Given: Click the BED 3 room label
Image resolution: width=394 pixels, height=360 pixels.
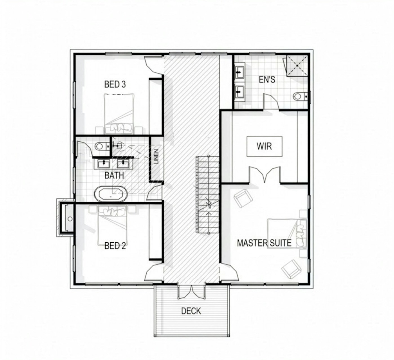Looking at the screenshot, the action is (115, 84).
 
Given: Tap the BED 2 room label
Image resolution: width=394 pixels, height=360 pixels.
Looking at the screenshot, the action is (115, 246).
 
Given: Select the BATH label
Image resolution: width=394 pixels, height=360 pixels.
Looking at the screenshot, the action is (114, 175).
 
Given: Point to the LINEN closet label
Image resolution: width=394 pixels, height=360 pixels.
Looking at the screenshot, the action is (156, 156).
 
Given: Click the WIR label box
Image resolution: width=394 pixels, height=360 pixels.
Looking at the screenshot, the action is (264, 146).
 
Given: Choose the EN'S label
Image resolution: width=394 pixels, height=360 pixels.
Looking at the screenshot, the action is (267, 80).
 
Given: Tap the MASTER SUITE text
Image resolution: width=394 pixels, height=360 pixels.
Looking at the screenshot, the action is (264, 243).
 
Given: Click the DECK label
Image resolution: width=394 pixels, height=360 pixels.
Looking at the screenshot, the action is (191, 311).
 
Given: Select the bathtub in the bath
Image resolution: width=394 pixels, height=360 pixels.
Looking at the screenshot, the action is (111, 194).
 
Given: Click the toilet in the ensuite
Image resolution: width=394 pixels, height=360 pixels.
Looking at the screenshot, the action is (300, 97).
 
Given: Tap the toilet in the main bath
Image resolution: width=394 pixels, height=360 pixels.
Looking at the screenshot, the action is (102, 146).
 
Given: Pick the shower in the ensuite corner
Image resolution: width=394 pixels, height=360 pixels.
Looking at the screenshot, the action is (297, 65).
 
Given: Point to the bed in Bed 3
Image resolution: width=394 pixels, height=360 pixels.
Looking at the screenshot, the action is (119, 114).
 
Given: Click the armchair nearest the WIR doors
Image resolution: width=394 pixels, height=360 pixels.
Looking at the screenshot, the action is (243, 198).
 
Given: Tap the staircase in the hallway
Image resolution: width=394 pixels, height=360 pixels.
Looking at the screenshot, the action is (207, 195).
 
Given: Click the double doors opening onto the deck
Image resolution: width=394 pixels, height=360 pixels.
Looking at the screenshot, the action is (191, 291).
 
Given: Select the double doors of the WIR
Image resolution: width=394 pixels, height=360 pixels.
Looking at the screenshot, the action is (265, 174).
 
